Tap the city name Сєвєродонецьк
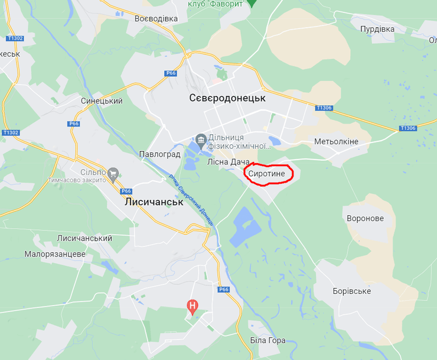click(227, 98)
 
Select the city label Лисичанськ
click(154, 202)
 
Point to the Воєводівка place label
click(156, 18)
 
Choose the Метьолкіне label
click(336, 141)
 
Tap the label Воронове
click(365, 218)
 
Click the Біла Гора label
click(268, 340)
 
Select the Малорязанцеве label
click(55, 254)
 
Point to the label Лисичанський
click(84, 238)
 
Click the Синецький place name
click(102, 101)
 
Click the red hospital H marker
click(192, 306)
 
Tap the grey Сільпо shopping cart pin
click(114, 173)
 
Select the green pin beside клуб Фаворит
click(252, 3)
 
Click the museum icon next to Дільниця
click(201, 139)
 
